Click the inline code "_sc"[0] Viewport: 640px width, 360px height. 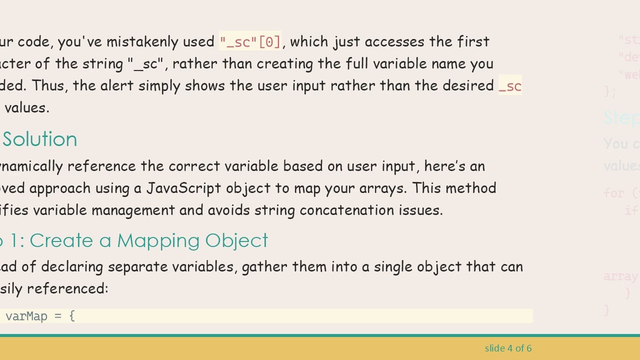click(x=250, y=41)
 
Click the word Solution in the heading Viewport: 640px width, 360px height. click(x=39, y=139)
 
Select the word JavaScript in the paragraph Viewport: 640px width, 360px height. click(x=183, y=188)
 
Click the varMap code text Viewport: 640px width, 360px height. click(x=26, y=316)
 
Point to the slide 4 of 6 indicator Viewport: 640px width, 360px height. click(x=508, y=348)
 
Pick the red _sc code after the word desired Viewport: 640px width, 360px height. click(x=510, y=86)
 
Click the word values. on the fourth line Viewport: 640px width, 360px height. click(x=27, y=108)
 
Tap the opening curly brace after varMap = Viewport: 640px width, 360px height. click(x=72, y=316)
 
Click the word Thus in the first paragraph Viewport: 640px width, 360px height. click(x=49, y=86)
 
